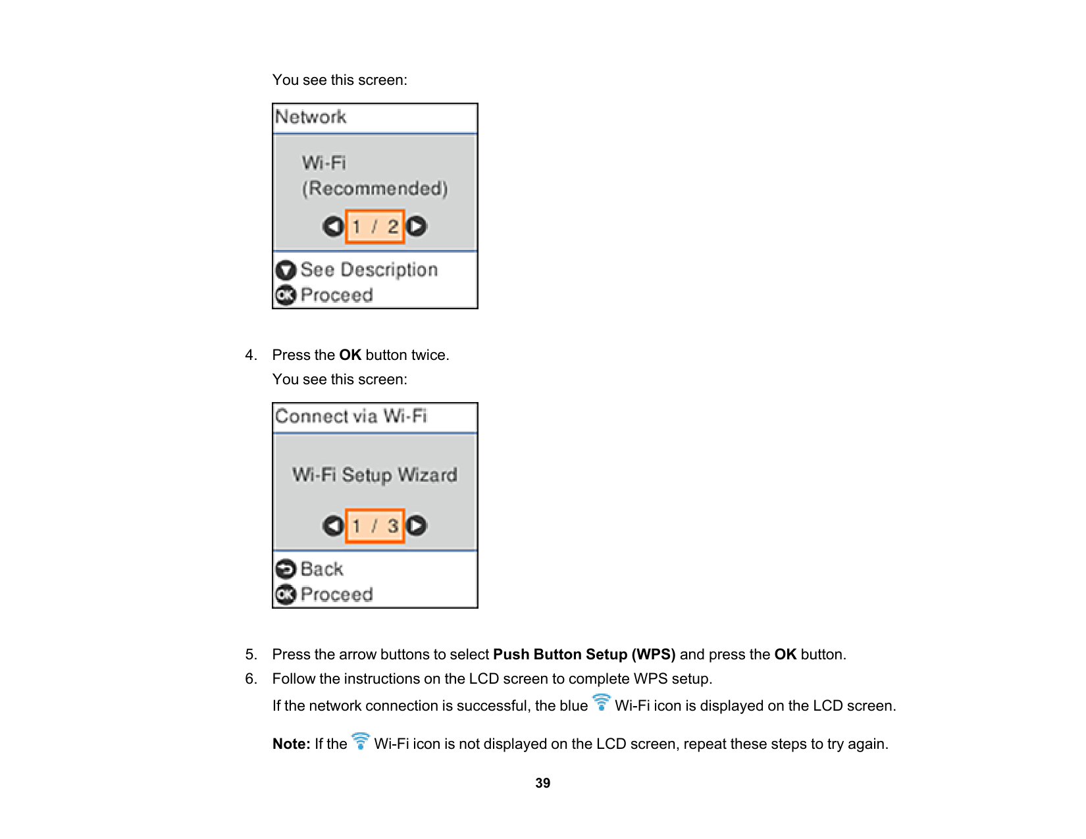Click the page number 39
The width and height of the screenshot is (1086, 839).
coord(542,783)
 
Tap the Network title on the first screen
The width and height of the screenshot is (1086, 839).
coord(311,117)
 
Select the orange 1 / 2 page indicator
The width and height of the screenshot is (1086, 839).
coord(375,227)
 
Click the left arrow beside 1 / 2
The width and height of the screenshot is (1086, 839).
coord(333,227)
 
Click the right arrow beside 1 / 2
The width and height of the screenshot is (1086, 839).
coord(417,227)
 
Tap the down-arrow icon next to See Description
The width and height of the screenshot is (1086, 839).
coord(286,270)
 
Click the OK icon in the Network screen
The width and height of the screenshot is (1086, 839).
coord(286,295)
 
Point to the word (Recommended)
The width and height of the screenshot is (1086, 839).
coord(375,189)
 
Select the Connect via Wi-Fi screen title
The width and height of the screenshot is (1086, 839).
coord(351,417)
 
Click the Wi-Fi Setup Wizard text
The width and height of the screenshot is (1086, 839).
coord(375,475)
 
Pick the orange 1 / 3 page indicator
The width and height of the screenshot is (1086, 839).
coord(375,526)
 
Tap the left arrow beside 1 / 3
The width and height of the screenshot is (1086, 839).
coord(333,526)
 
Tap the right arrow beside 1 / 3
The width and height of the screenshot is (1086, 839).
coord(417,526)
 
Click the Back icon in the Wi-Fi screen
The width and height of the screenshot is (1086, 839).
coord(286,569)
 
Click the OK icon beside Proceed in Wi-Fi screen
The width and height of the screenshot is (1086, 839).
coord(286,595)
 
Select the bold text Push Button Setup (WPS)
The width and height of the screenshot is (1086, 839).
coord(584,655)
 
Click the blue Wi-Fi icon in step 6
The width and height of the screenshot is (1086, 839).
coord(602,703)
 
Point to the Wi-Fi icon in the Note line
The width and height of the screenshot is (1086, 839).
coord(361,741)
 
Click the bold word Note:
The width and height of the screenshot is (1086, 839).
coord(292,744)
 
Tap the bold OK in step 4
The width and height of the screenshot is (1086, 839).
coord(350,355)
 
